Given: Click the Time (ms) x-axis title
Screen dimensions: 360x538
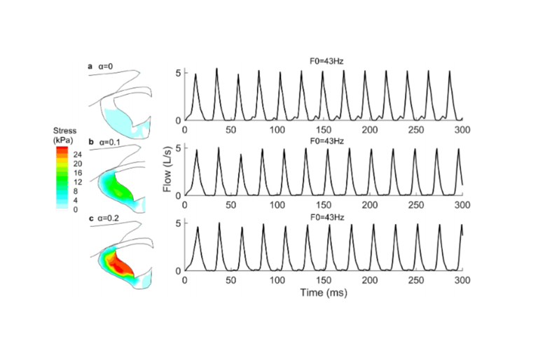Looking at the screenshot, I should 323,292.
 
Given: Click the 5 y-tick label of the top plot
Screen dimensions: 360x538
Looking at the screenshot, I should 179,73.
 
